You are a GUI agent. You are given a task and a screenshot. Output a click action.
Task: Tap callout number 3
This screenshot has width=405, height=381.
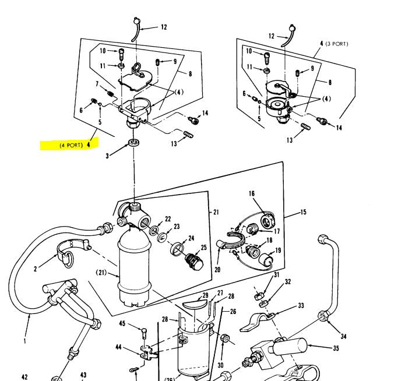(x=107, y=156)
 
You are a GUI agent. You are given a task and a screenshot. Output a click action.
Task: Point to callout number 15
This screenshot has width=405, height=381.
(x=303, y=213)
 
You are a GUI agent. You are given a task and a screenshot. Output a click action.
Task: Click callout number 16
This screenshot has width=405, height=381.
(x=252, y=193)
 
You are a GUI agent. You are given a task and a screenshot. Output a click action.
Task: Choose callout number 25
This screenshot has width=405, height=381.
(x=203, y=248)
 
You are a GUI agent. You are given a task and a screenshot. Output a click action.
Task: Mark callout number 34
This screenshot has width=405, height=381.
(x=344, y=336)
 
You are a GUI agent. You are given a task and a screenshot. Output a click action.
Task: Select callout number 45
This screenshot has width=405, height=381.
(x=122, y=324)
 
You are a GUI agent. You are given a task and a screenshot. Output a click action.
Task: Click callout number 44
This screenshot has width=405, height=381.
(x=119, y=347)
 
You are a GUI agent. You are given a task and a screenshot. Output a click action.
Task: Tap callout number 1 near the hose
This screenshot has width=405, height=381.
(x=24, y=341)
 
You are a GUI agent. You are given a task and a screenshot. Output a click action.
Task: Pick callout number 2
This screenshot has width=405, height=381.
(x=36, y=269)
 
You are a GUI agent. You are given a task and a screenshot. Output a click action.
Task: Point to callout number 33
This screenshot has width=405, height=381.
(x=301, y=305)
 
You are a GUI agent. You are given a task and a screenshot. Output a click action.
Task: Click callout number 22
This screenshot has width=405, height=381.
(x=168, y=219)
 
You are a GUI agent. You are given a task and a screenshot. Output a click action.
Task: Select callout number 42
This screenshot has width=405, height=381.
(x=24, y=376)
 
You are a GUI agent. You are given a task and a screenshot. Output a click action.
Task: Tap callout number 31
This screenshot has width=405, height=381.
(x=277, y=275)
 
